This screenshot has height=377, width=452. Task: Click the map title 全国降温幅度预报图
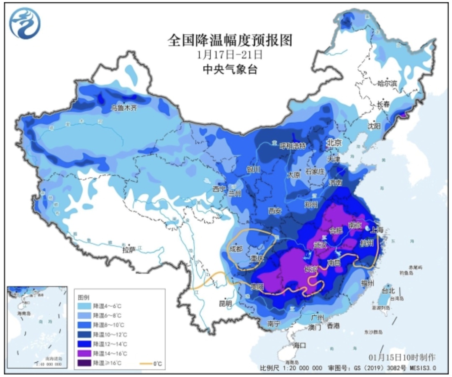(x=229, y=41)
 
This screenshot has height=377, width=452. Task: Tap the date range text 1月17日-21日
(x=229, y=54)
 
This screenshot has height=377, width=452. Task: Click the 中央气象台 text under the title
(x=229, y=69)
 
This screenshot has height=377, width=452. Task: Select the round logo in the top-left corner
(x=26, y=23)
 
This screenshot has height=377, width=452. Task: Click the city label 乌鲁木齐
(x=124, y=108)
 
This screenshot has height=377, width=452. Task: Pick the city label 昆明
(x=225, y=303)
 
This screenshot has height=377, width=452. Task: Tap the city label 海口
(x=300, y=345)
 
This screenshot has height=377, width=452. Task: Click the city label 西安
(x=275, y=211)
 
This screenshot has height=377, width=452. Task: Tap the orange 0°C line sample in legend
(x=144, y=363)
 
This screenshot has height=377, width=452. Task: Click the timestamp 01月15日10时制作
(x=402, y=357)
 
